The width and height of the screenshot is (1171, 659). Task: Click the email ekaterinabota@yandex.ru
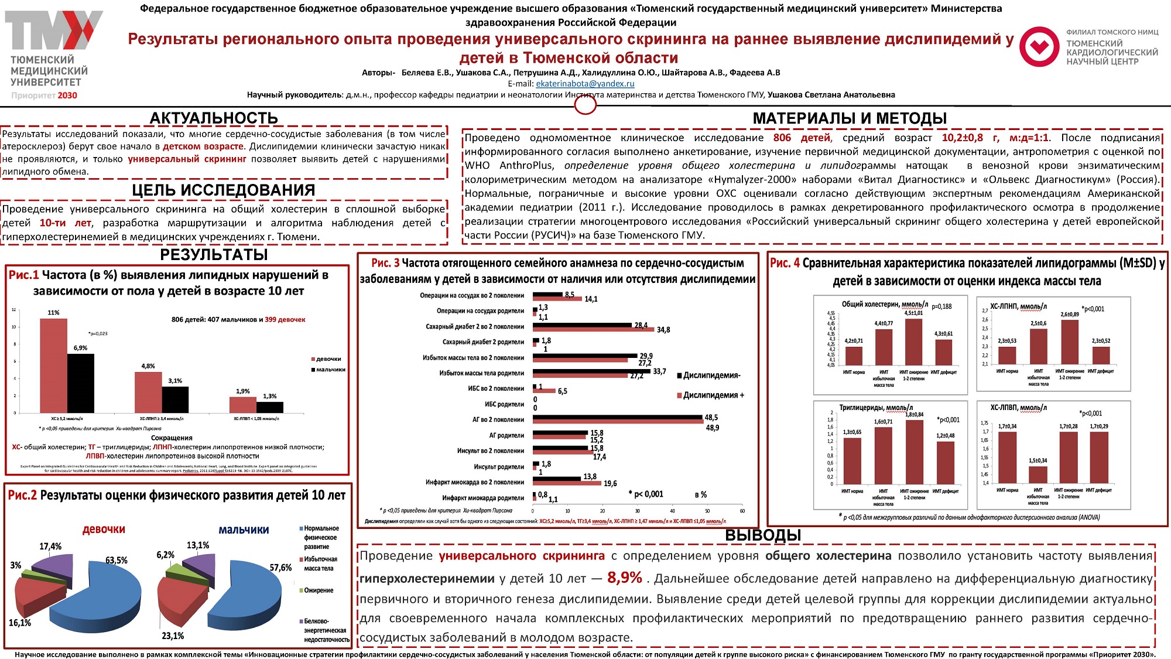click(x=585, y=84)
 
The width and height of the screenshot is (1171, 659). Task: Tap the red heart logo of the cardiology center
click(x=1039, y=47)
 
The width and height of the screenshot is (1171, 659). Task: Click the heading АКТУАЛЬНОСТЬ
click(x=213, y=118)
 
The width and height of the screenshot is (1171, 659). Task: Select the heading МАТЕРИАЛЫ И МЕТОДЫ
click(x=850, y=118)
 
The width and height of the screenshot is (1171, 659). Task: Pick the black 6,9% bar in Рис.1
click(x=81, y=383)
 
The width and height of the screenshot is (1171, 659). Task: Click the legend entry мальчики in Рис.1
click(x=330, y=370)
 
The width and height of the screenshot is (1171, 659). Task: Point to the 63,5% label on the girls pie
click(x=117, y=561)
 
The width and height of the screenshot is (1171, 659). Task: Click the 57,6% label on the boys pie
click(x=280, y=568)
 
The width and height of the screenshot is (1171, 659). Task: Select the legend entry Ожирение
click(x=319, y=590)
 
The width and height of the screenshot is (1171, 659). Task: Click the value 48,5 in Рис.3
click(x=711, y=418)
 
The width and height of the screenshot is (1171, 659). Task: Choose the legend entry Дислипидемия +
click(x=713, y=395)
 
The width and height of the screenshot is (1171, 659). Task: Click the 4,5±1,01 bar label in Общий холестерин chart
click(x=913, y=313)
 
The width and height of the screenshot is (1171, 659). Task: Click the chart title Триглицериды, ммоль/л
click(x=875, y=408)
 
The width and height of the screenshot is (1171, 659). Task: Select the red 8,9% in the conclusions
click(x=625, y=578)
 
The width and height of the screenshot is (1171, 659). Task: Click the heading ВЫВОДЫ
click(x=763, y=535)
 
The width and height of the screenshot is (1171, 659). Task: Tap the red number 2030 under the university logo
click(x=67, y=95)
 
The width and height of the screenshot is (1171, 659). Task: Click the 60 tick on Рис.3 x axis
click(x=742, y=511)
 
